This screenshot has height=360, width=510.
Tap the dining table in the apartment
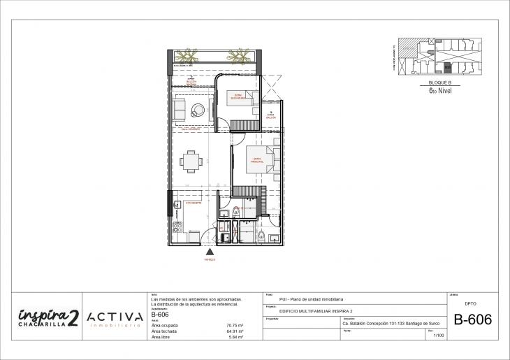click(x=191, y=161)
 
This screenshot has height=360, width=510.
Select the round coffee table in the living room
click(x=198, y=110)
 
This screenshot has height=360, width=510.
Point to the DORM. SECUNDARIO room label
click(x=240, y=97)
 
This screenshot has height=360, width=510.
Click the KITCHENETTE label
click(x=194, y=203)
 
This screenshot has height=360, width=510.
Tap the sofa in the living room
click(x=179, y=110)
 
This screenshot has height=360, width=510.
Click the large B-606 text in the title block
click(x=473, y=319)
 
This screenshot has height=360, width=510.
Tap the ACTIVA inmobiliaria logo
click(x=117, y=319)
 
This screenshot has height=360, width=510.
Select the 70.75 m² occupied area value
click(x=234, y=325)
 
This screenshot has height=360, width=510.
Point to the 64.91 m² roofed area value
click(x=234, y=331)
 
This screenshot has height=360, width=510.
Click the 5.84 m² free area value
click(x=235, y=337)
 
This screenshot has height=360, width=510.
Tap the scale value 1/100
click(x=439, y=336)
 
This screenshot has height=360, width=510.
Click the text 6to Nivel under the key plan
click(x=440, y=89)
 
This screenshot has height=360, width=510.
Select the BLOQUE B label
click(x=440, y=83)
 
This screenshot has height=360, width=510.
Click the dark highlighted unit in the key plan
click(x=446, y=68)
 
